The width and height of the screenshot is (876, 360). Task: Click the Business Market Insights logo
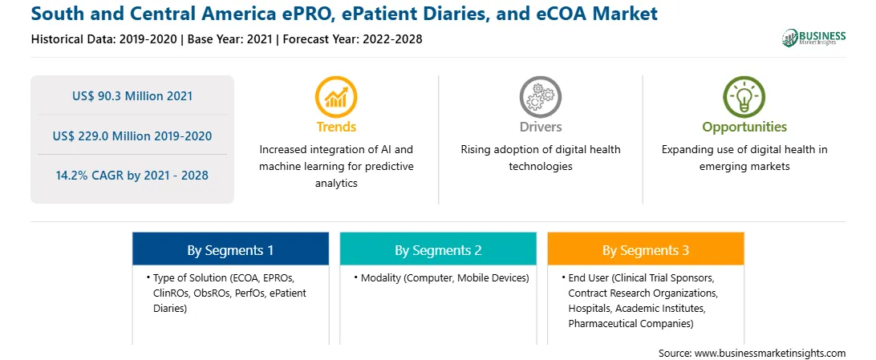pos(813,38)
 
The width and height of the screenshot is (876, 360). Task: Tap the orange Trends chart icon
pos(336,97)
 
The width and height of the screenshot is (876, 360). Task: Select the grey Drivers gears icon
pos(540,97)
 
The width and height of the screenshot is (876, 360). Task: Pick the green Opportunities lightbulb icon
pos(744,97)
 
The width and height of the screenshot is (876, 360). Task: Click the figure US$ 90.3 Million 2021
pos(132,96)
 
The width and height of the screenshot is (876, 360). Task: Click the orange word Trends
pos(336,127)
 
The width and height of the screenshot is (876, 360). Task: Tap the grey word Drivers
pos(541,127)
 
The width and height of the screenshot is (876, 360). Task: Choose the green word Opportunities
pos(744,127)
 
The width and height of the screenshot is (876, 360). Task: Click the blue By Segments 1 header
pos(231,250)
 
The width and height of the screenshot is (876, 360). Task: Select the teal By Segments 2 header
pos(438,250)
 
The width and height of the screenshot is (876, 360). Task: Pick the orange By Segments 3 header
pos(646,250)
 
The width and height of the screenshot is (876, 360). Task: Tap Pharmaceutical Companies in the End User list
pos(631,323)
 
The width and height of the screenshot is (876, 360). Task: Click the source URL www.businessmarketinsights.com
pos(770,353)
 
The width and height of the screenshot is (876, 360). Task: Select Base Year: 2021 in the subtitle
pos(232,39)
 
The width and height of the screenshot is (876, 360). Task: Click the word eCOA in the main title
pos(570,13)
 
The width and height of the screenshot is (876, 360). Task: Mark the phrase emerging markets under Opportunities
pos(744,166)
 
